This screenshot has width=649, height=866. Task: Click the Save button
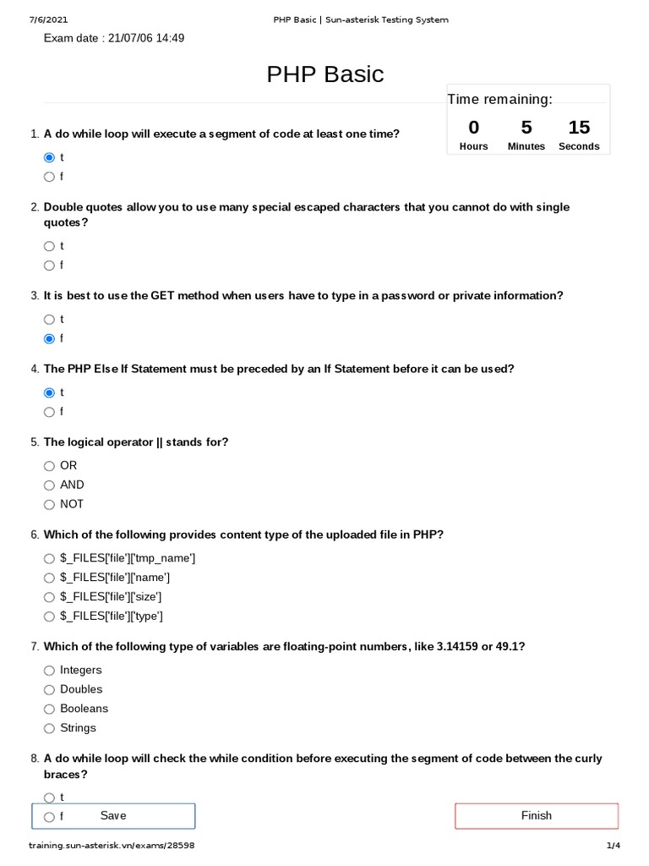(x=113, y=815)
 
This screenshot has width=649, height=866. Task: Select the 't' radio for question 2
(x=49, y=246)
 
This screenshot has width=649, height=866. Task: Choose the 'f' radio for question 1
(x=49, y=177)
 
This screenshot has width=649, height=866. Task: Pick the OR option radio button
(x=49, y=466)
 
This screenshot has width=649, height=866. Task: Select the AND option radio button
(x=49, y=485)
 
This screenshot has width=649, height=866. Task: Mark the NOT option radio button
(x=49, y=505)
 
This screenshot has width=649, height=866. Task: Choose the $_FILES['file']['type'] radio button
(x=49, y=617)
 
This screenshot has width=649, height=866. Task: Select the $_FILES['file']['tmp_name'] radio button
(x=49, y=558)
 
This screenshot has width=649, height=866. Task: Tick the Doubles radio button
(x=49, y=690)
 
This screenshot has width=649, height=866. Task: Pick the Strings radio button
(x=49, y=728)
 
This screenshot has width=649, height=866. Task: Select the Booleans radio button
(x=49, y=710)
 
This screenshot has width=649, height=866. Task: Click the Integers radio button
(x=49, y=671)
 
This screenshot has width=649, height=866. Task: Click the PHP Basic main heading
(x=324, y=74)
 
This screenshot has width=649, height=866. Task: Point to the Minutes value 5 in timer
(x=526, y=128)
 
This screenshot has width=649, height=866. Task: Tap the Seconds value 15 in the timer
(x=579, y=128)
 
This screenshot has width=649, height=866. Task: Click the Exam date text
(x=114, y=38)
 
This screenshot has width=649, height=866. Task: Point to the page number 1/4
(x=613, y=846)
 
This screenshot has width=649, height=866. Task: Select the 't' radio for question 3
(x=49, y=320)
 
